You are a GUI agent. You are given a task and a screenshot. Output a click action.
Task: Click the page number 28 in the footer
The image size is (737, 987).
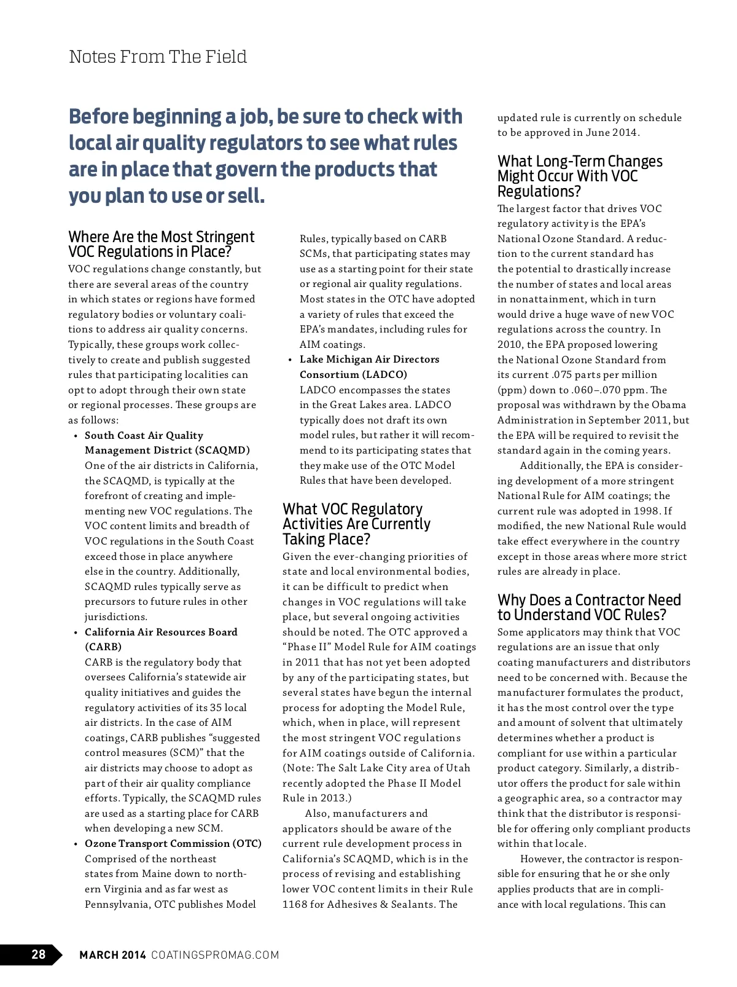(x=38, y=954)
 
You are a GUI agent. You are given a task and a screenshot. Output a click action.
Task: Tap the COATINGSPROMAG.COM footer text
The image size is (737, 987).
(x=215, y=955)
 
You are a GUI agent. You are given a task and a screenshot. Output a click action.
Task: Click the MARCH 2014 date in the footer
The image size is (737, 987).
(x=112, y=955)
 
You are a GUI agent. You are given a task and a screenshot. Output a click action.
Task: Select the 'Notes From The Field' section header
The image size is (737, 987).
(x=158, y=57)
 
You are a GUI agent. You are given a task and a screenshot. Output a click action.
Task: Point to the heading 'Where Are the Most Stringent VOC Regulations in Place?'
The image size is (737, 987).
(x=161, y=245)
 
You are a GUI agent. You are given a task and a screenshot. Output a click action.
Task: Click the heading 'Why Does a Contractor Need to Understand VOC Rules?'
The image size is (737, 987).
(x=588, y=607)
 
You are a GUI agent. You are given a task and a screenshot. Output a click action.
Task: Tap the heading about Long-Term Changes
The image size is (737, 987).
(x=579, y=176)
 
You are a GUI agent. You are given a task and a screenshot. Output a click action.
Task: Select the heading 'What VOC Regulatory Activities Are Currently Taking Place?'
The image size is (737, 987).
(x=356, y=524)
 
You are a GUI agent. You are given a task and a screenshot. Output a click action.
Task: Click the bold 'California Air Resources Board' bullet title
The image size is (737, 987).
(x=161, y=632)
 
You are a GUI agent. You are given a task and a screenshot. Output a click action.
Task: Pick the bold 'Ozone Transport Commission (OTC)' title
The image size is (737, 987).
(x=173, y=843)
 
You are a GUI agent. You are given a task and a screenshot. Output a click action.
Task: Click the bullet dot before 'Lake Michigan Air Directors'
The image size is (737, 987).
(x=290, y=360)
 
